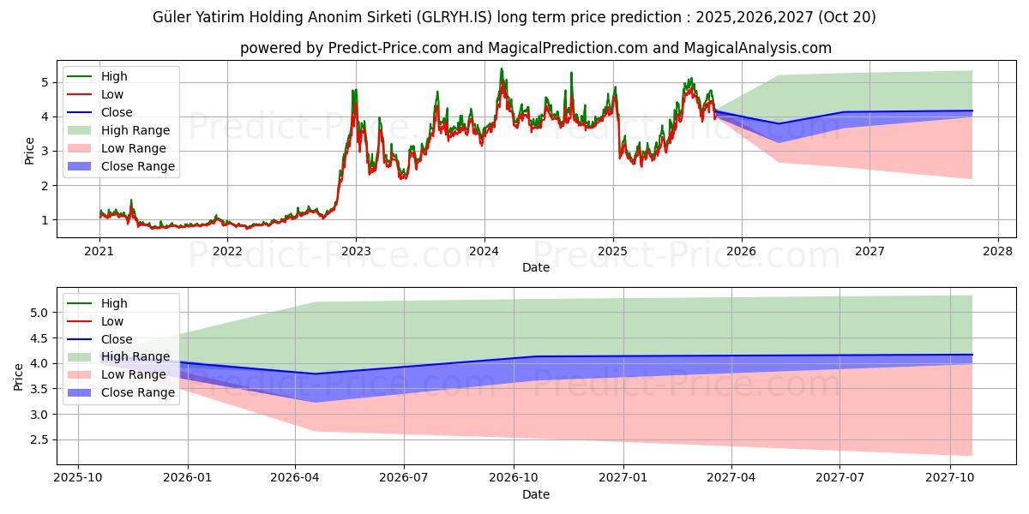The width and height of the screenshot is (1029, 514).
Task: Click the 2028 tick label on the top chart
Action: [998, 251]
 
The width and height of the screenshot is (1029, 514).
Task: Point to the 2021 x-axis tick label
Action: [99, 251]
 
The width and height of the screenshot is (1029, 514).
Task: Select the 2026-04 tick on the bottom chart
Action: [296, 478]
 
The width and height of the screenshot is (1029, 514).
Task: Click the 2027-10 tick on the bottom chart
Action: [950, 478]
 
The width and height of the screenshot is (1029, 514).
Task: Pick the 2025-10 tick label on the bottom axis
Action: [78, 478]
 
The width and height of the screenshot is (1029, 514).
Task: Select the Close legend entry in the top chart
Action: [117, 112]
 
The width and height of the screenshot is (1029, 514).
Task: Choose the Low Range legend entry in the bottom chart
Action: [133, 374]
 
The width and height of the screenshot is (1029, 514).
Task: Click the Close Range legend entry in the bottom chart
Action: [137, 392]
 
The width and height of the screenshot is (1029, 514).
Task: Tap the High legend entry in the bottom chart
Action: [114, 303]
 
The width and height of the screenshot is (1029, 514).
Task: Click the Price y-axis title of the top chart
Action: [30, 151]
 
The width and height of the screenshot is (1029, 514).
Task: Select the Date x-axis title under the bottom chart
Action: [536, 494]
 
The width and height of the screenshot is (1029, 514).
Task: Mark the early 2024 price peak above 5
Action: [502, 69]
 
